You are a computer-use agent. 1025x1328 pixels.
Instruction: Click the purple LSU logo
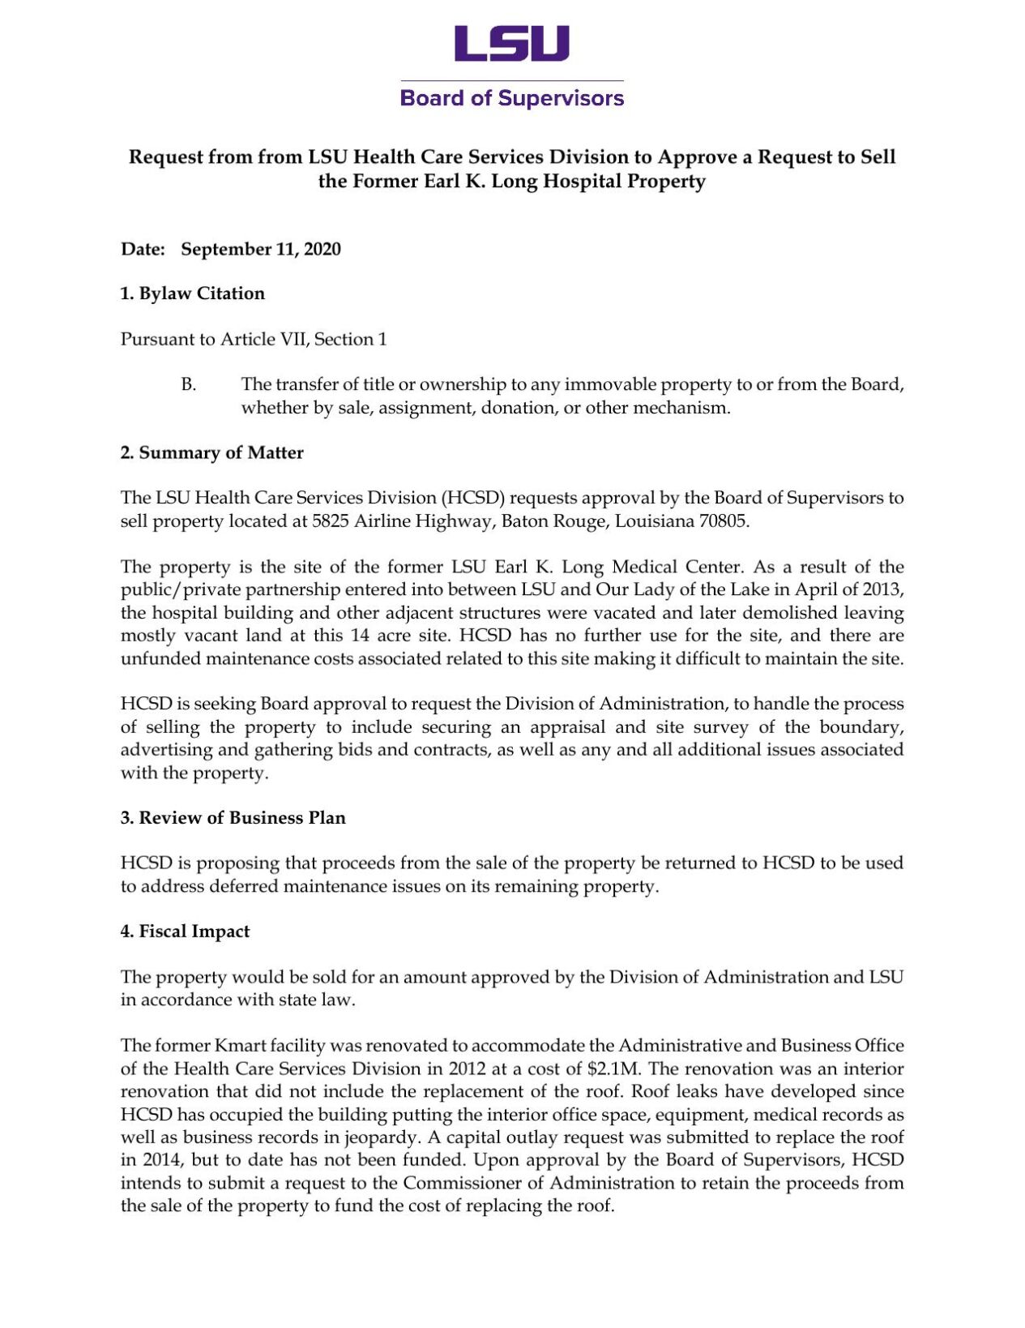(511, 44)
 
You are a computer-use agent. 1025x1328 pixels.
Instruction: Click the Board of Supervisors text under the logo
(511, 98)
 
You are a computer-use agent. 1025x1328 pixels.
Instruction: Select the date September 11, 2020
(260, 249)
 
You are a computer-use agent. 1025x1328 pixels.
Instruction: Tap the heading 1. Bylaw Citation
(193, 293)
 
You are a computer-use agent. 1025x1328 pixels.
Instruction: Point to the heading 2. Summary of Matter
(211, 452)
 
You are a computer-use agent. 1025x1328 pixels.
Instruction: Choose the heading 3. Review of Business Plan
(233, 817)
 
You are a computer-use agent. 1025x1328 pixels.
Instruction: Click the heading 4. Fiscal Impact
(185, 931)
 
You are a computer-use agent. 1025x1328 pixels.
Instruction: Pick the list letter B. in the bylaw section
(188, 384)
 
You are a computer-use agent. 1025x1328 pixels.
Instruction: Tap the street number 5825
(330, 520)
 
